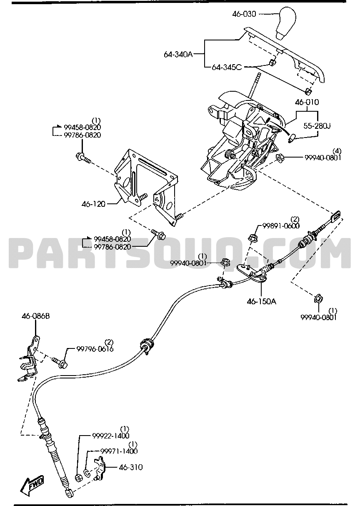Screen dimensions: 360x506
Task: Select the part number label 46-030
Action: [244, 14]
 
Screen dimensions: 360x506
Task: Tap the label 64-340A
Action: [178, 55]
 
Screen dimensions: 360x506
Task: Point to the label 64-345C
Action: [227, 67]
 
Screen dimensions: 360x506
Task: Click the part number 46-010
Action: [307, 103]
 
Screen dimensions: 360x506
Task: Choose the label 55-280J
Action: [317, 126]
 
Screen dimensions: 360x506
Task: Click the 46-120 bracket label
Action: [93, 204]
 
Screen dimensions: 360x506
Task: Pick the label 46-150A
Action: [262, 301]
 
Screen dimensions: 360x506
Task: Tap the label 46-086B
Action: [36, 316]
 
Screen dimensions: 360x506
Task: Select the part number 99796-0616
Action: [95, 349]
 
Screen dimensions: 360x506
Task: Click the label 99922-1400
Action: [111, 436]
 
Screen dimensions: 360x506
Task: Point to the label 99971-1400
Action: [119, 451]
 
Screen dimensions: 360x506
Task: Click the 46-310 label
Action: [131, 467]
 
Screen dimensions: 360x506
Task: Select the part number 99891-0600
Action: [281, 225]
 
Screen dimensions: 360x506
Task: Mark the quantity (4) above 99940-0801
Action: [337, 151]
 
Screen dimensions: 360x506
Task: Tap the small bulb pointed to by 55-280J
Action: [291, 138]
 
